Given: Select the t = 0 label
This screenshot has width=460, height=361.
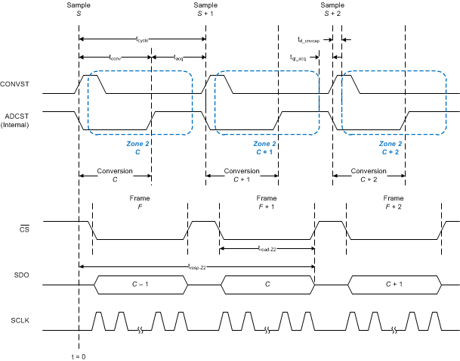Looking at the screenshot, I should (x=78, y=356).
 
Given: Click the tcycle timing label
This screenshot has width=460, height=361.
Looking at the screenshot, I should (x=142, y=39).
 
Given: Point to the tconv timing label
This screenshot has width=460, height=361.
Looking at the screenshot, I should (x=115, y=57).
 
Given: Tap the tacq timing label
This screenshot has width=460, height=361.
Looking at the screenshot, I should (x=178, y=57).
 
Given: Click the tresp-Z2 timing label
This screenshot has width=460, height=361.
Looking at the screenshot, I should (x=196, y=266).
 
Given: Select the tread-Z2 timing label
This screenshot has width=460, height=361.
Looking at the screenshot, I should (x=267, y=247).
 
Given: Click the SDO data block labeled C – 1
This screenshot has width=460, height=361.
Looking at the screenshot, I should (x=140, y=285).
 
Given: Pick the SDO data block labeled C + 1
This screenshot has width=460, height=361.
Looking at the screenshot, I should (x=393, y=285).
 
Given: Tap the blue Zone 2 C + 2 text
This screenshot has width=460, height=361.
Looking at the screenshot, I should (x=390, y=148).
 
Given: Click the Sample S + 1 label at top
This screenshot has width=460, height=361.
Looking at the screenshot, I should (x=205, y=9).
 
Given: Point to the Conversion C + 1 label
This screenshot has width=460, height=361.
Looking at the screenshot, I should (x=242, y=176).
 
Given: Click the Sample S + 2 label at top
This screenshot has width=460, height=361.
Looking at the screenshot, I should (x=332, y=9).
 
